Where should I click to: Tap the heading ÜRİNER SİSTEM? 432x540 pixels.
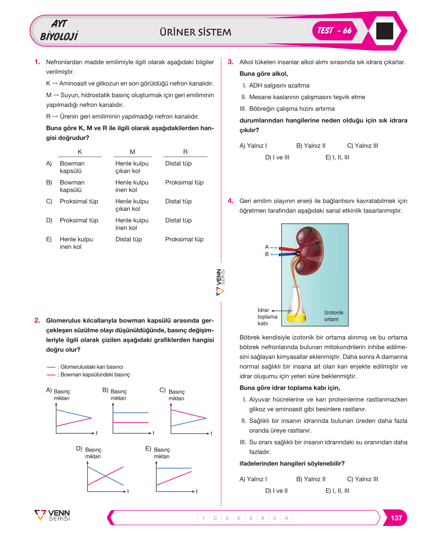point(195,32)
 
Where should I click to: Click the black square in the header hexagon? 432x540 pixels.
point(384,31)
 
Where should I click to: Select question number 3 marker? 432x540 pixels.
point(230,62)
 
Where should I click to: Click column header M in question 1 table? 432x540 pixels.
point(132,152)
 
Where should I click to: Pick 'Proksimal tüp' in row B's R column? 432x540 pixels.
point(184,183)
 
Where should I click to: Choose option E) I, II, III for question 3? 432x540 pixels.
point(337,157)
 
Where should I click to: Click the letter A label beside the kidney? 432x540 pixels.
point(267,247)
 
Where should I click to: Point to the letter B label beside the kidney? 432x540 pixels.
point(267,254)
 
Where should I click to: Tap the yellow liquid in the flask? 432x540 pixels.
point(296,318)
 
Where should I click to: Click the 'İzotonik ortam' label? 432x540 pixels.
point(334,316)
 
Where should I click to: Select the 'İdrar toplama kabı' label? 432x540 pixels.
point(267,317)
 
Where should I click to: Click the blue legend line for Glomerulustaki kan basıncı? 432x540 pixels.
point(51,367)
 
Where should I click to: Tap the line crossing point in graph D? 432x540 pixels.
point(105,476)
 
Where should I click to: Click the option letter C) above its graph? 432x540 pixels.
point(162,390)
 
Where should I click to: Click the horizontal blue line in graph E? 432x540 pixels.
point(174,468)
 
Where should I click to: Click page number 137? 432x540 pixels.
point(396,518)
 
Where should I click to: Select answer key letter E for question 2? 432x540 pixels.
point(239,518)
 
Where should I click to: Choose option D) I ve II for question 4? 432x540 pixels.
point(276,490)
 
